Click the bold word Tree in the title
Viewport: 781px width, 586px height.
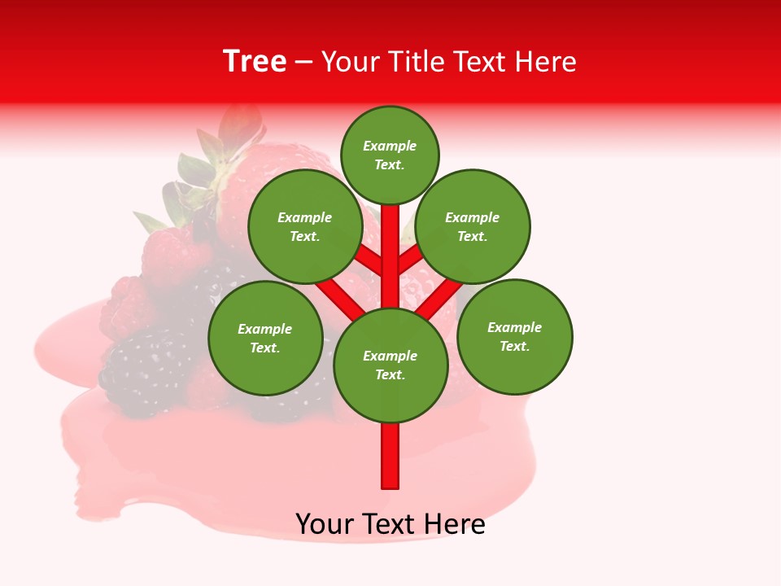tap(255, 62)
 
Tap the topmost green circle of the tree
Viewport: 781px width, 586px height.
tap(390, 155)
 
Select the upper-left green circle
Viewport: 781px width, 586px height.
tap(305, 226)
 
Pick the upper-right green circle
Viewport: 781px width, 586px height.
tap(473, 226)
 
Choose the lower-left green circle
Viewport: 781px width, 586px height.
tap(265, 338)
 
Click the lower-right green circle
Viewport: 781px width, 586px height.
tap(515, 336)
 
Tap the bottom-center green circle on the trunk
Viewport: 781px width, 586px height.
tap(390, 365)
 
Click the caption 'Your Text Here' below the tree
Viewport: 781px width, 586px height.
tap(390, 524)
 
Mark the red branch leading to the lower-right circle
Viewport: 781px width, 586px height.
tap(440, 297)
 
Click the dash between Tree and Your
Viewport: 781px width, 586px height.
tap(303, 62)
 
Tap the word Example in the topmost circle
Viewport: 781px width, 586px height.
tap(390, 146)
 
